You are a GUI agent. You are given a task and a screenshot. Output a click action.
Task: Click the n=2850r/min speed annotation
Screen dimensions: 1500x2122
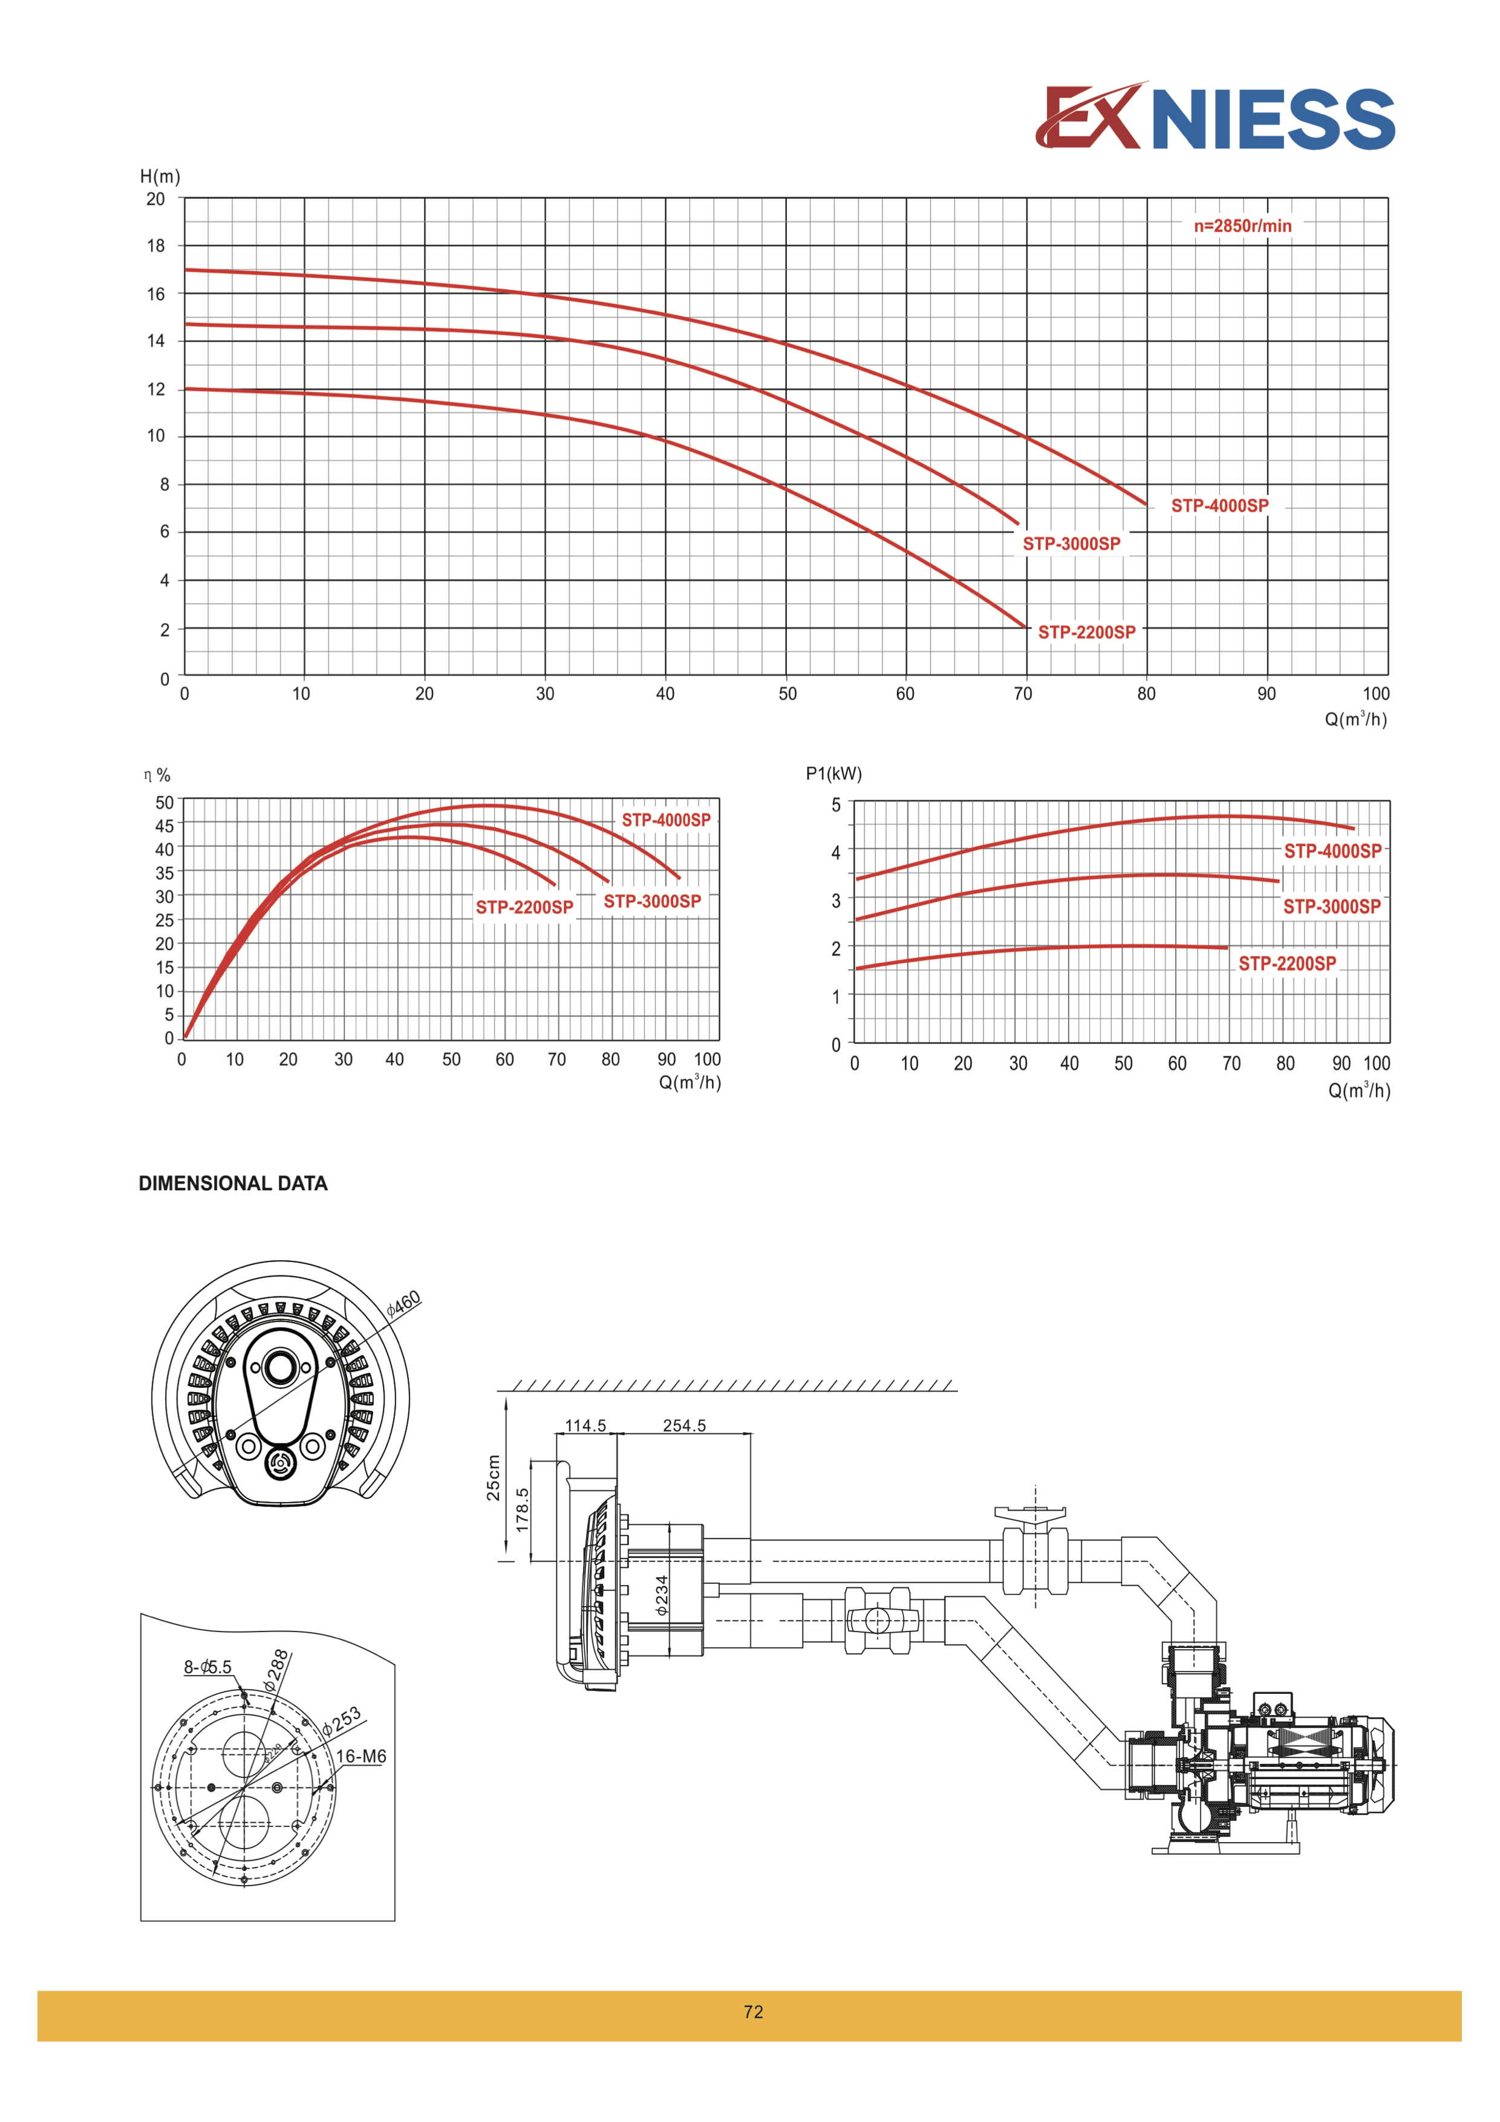click(1242, 226)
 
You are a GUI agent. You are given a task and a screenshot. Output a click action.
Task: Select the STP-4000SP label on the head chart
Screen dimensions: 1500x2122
click(1220, 506)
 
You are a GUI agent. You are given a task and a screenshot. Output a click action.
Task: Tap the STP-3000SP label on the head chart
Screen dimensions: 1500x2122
click(1071, 544)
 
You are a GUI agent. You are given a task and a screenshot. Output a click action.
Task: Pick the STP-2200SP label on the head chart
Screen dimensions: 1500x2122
click(1087, 632)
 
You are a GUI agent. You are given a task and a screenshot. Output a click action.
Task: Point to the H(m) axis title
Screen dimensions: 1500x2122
click(160, 177)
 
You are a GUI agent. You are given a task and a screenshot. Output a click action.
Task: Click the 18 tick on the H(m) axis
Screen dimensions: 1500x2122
click(155, 246)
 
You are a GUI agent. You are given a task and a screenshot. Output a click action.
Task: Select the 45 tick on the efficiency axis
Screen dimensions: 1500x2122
click(165, 825)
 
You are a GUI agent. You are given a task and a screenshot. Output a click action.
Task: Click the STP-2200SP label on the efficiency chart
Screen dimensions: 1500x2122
click(524, 908)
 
